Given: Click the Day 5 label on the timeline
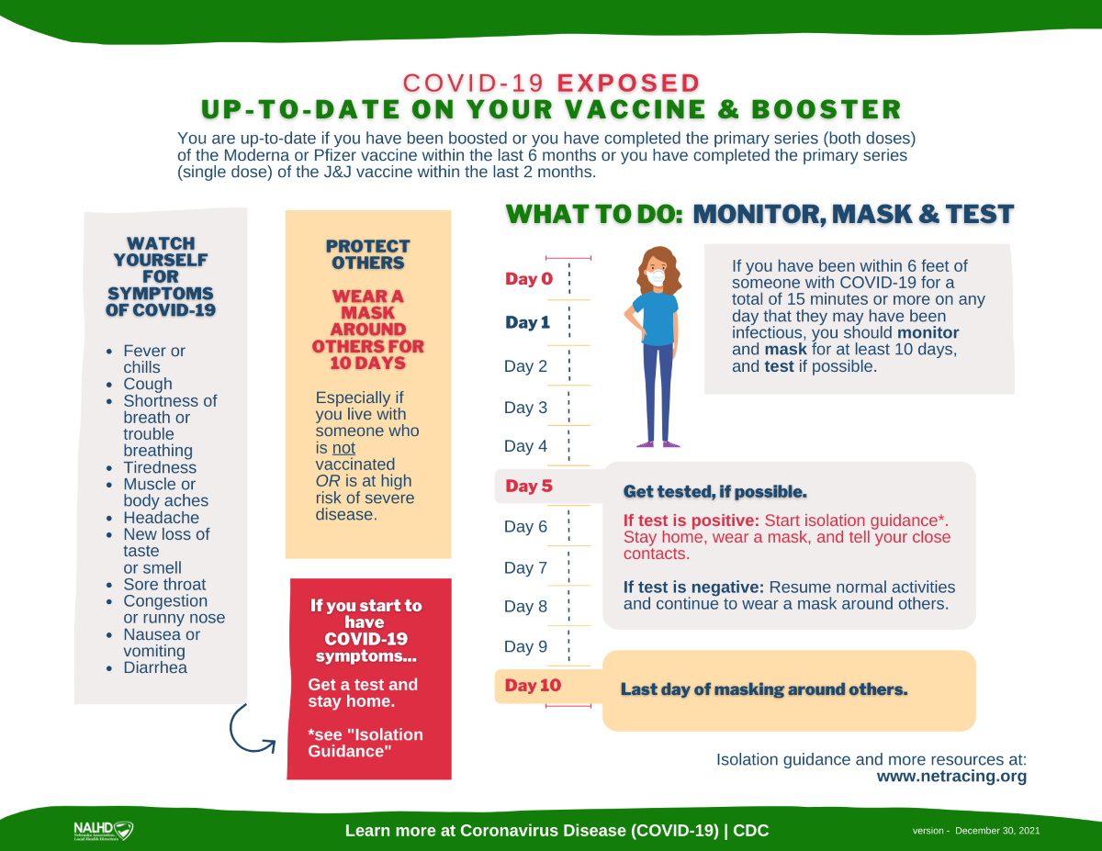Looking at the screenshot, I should coord(528,487).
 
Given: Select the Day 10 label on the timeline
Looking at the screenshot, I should coord(533,686).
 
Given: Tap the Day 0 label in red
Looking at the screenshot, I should coord(528,279).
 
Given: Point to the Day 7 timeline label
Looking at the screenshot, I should coord(525,568).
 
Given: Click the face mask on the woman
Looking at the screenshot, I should coord(656,275).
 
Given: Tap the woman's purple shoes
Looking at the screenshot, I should coord(659,443).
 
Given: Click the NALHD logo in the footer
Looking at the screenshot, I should coord(103,831).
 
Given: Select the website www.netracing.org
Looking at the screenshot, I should coord(951,777).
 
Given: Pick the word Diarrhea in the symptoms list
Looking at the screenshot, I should coord(155,667).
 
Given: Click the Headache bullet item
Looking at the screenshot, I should coord(161,518).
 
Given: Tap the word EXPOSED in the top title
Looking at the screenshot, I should coord(628,83).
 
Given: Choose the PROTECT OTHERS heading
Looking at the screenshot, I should coord(367,254).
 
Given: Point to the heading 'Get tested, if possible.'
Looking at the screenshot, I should coord(714,492).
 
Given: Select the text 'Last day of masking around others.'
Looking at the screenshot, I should coord(763,689).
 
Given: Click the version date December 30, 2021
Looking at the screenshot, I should coord(997,831).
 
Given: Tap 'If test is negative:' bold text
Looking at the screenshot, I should coord(693,588).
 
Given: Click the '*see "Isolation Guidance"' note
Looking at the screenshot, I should coord(365,743).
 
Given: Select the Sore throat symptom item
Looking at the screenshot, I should coord(164,585).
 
